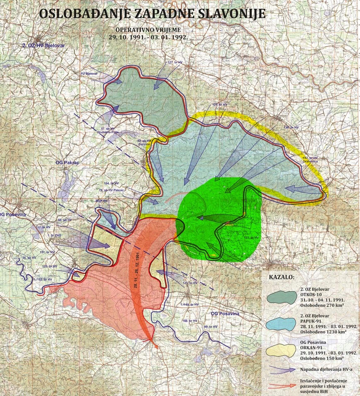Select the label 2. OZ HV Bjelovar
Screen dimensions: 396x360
tap(44, 45)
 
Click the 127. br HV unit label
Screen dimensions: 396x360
tap(175, 62)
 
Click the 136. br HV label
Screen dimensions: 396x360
tap(291, 127)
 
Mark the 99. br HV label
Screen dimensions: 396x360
tap(211, 327)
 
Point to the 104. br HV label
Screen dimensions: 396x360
tap(111, 183)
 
